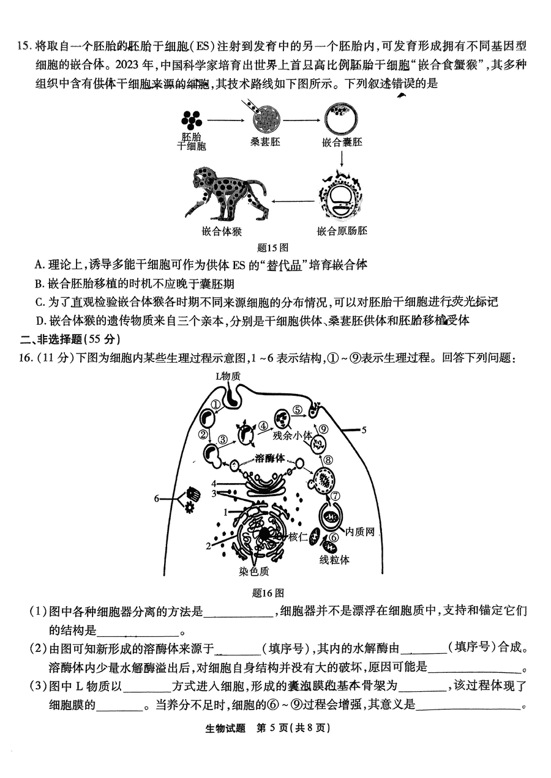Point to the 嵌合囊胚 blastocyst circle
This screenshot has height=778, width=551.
(342, 120)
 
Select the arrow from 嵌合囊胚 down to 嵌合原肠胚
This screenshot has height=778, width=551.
(342, 160)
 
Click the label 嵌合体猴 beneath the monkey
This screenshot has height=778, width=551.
(222, 231)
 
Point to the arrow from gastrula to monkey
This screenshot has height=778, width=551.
(293, 199)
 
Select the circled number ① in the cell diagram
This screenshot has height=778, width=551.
(216, 404)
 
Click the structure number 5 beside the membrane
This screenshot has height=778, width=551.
(364, 430)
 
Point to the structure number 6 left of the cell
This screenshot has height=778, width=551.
(157, 498)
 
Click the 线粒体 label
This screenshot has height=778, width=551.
(334, 560)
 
